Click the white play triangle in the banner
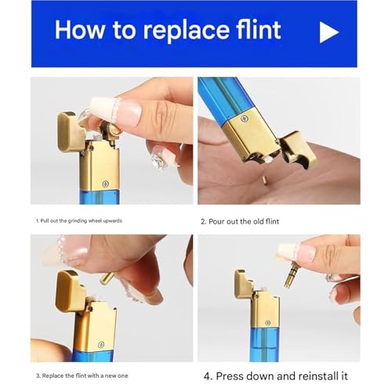coord(327,32)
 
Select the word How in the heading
coord(79,30)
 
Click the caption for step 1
coord(79,221)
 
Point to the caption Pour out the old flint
coord(240,222)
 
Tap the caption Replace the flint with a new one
coord(82,376)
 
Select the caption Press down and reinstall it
coord(276,376)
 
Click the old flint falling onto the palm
coord(264,180)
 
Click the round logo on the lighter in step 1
coord(105,183)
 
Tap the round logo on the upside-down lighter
coord(244,119)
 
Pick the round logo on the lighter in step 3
coord(100,344)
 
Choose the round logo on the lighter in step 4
coord(267,323)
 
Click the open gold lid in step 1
coord(70,132)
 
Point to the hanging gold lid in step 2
coord(298,150)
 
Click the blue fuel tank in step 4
coord(264,344)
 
